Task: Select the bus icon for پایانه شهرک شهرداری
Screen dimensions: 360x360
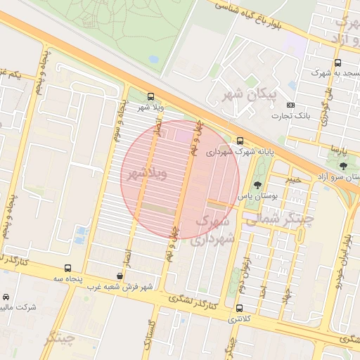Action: point(240,141)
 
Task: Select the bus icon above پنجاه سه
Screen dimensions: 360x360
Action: point(67,268)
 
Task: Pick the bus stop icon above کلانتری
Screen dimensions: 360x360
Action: point(240,308)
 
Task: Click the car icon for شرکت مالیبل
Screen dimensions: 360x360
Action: point(7,297)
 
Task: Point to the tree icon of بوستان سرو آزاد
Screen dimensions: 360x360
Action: point(343,166)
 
